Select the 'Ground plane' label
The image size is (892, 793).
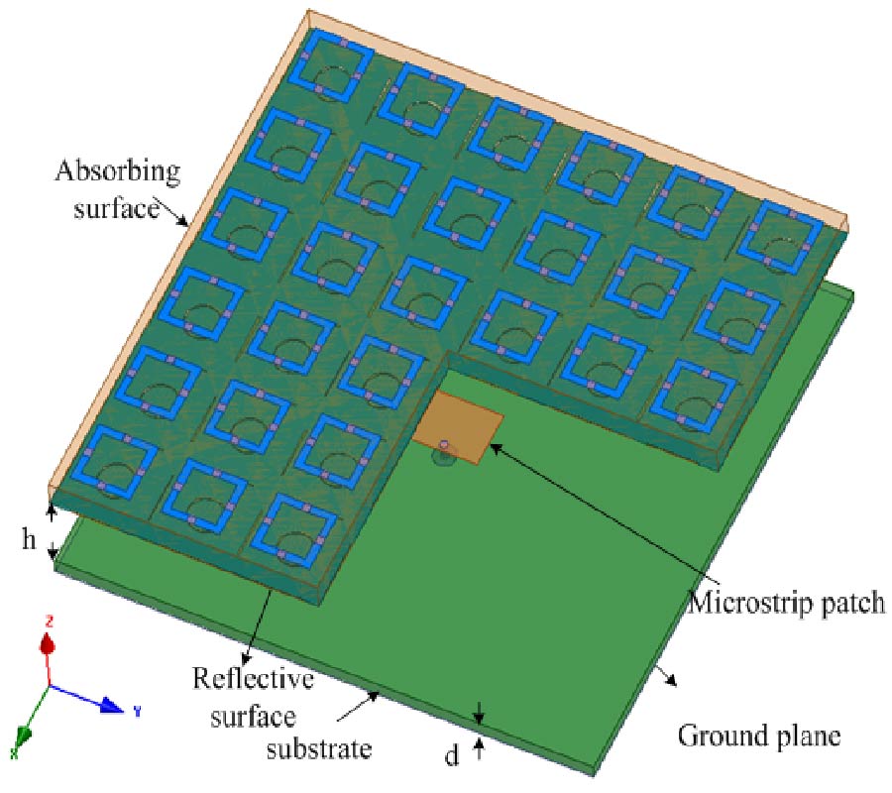pos(759,736)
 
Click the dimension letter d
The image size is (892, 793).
pos(452,756)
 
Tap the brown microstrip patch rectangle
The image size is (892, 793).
pos(458,423)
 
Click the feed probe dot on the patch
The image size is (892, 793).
pos(445,445)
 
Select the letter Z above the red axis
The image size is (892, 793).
pos(48,621)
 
